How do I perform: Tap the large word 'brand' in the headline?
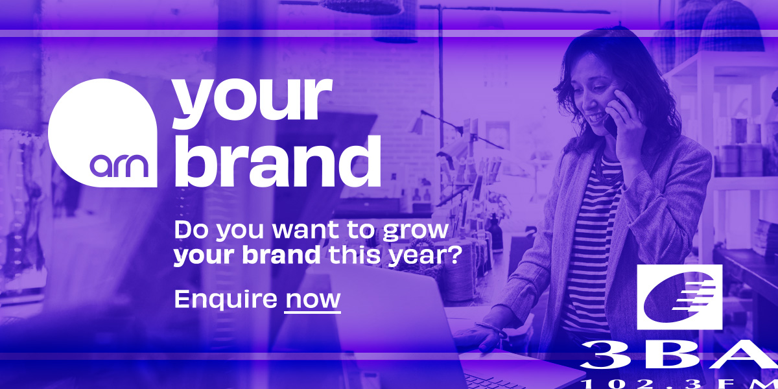tap(277, 161)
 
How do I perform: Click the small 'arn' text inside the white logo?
tap(119, 166)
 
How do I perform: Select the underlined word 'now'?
tap(312, 300)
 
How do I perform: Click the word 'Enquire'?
tap(226, 299)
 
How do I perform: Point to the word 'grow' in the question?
tap(415, 231)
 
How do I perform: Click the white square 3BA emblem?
tap(679, 297)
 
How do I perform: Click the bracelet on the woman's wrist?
tap(493, 329)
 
